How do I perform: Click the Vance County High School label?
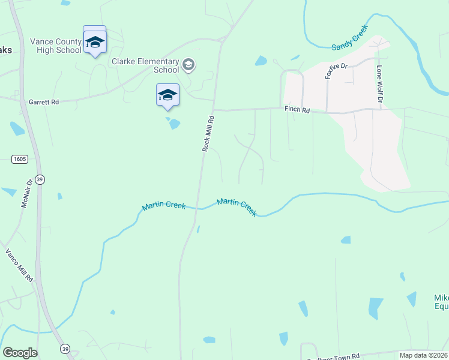(x=55, y=46)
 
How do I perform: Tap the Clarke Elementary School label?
(x=145, y=65)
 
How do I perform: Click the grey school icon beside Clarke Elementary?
(x=188, y=65)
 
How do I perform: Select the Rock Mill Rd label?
(x=208, y=133)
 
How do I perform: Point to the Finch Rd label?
(x=297, y=110)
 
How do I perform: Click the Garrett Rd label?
(x=43, y=103)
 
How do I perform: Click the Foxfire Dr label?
(x=333, y=72)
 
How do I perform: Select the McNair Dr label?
(x=26, y=193)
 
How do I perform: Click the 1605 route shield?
(x=19, y=158)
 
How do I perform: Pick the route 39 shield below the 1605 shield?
(x=40, y=179)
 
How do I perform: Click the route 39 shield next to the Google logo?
(x=64, y=349)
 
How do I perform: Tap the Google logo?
(x=20, y=353)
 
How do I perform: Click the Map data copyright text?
(x=423, y=355)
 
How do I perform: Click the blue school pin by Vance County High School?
(x=94, y=42)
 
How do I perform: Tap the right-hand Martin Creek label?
(x=237, y=207)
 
